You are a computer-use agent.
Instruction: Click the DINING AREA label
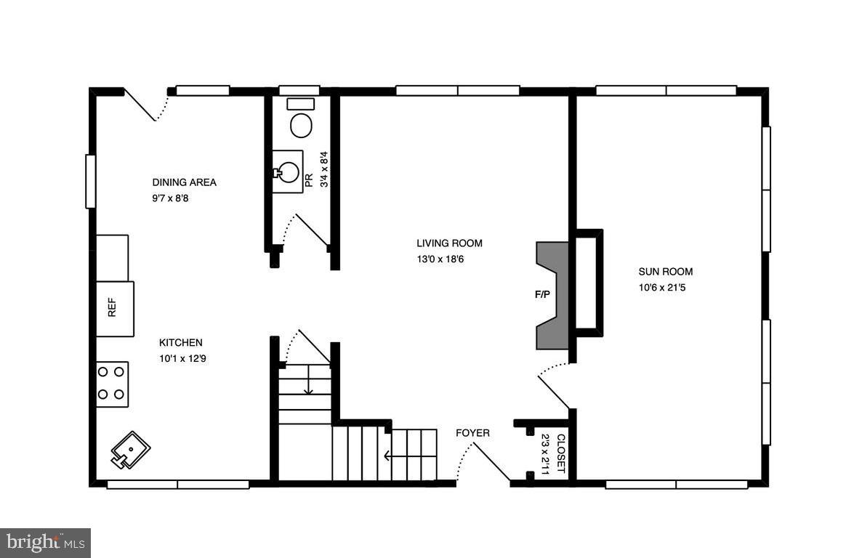click(x=184, y=182)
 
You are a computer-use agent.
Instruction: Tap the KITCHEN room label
click(x=181, y=342)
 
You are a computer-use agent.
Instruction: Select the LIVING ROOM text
click(x=449, y=243)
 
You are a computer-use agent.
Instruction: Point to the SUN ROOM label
click(x=665, y=272)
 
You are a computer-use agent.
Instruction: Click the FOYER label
click(x=472, y=433)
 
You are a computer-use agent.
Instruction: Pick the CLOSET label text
click(x=560, y=453)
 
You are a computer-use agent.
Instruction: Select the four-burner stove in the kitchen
click(x=112, y=384)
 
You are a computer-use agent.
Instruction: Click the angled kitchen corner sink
click(x=129, y=450)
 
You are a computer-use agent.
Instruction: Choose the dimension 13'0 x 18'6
click(x=440, y=259)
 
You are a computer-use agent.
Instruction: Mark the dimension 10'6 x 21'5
click(x=661, y=287)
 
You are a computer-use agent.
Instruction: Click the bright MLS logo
click(x=45, y=542)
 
